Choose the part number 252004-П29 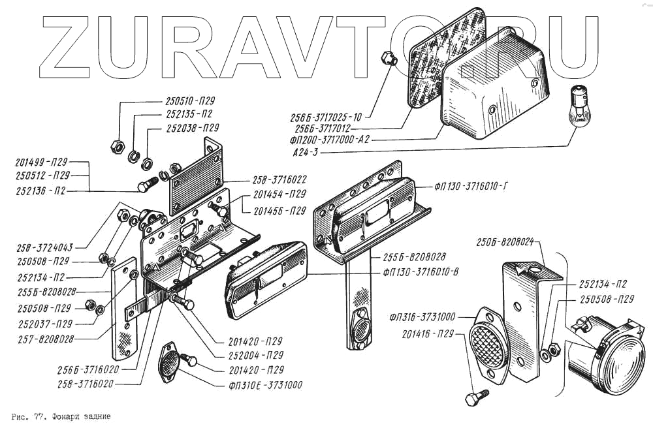(257, 356)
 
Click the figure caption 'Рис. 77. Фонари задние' (61, 416)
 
